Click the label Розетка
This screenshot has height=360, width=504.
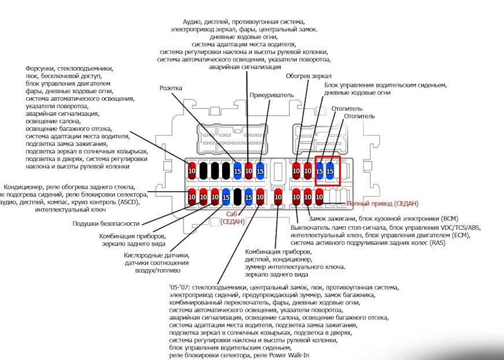171,88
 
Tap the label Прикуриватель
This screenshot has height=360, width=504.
271,95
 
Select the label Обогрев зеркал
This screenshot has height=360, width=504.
308,76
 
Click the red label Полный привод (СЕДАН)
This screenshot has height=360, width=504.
382,204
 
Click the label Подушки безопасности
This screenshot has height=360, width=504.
106,224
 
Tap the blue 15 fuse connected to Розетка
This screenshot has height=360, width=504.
237,171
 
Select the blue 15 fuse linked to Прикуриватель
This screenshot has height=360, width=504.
260,171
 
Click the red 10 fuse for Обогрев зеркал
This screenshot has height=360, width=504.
296,171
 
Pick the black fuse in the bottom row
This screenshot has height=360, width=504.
237,197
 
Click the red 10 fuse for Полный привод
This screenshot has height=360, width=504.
319,197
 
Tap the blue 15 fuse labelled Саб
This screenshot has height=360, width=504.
248,197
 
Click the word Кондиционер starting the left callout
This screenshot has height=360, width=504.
24,187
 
